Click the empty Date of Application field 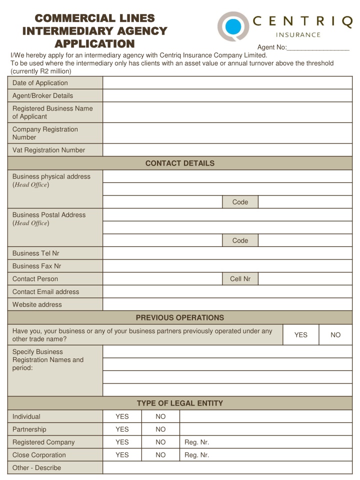(x=227, y=83)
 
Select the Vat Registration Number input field (x=227, y=150)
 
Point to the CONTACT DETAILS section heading (x=180, y=163)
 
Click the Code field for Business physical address (x=305, y=202)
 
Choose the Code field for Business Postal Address (x=305, y=240)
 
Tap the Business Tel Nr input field (x=227, y=253)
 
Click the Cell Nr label (x=240, y=279)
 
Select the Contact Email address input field (x=227, y=292)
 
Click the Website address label (x=37, y=304)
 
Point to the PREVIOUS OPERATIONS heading (x=180, y=317)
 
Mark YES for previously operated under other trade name (x=300, y=335)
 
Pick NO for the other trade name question (x=335, y=335)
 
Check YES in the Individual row (x=122, y=416)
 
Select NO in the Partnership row (x=160, y=429)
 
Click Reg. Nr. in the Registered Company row (x=196, y=442)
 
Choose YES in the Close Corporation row (x=122, y=455)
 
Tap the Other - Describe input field (x=227, y=468)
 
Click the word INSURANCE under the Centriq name (x=298, y=35)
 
